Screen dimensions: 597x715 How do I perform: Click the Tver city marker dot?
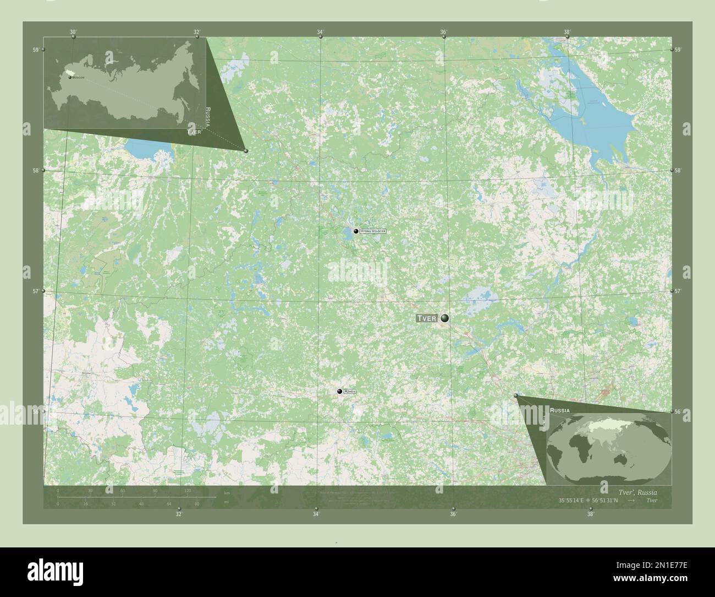pos(444,318)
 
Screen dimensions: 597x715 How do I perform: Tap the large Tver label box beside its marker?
pos(427,318)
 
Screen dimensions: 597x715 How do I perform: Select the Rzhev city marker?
pos(340,392)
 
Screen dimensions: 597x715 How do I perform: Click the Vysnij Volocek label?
pos(372,231)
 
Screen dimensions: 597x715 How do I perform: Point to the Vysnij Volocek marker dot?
pos(356,231)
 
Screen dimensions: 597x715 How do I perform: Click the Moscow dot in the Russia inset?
pos(70,78)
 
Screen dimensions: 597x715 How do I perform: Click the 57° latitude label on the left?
pos(35,291)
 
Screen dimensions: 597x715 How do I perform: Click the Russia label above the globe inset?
pos(560,411)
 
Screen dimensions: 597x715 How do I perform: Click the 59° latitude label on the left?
pos(35,50)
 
